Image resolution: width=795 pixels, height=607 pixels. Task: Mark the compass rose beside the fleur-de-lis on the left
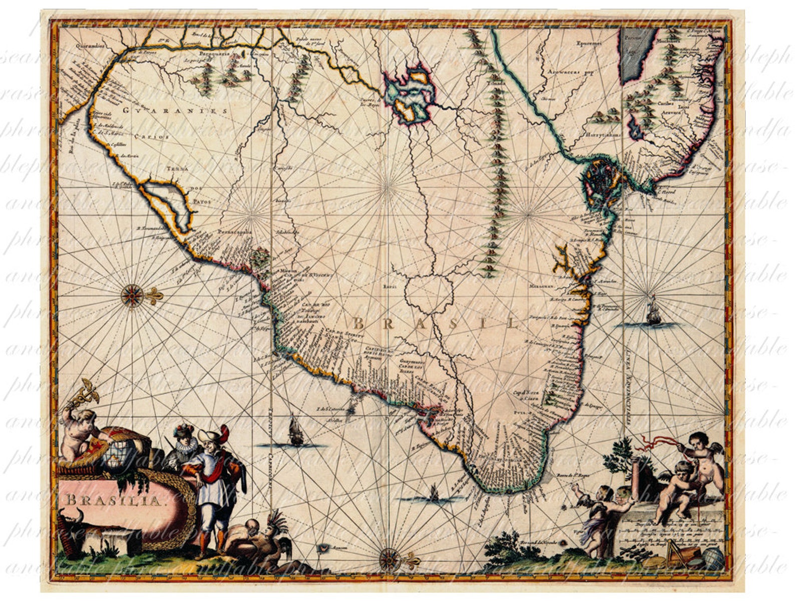(132, 295)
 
